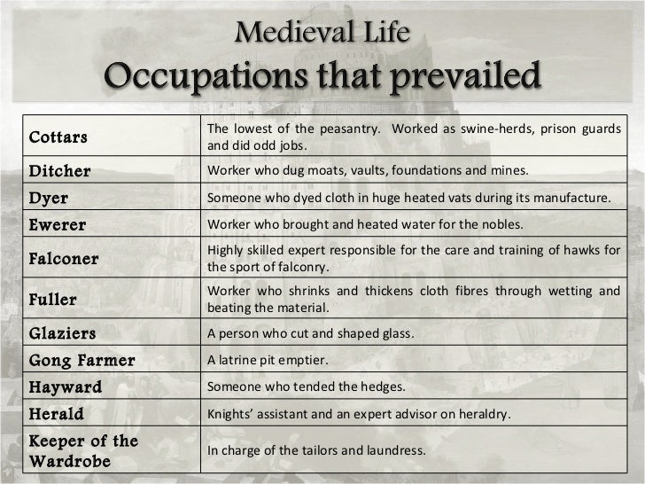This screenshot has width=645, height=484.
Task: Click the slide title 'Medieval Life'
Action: click(322, 36)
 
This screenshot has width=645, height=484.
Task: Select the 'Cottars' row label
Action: click(59, 138)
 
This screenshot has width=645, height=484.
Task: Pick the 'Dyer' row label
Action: click(49, 198)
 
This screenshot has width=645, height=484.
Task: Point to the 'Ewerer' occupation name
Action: click(58, 225)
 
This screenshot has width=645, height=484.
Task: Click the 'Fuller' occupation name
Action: click(53, 300)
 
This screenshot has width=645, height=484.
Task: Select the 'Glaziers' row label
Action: click(63, 334)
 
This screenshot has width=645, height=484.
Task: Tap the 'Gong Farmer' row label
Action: click(82, 361)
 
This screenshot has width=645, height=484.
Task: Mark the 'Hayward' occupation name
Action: click(66, 387)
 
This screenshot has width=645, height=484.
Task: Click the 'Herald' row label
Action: click(57, 414)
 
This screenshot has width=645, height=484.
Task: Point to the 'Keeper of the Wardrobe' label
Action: click(83, 451)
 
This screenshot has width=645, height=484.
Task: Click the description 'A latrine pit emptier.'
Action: click(267, 361)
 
